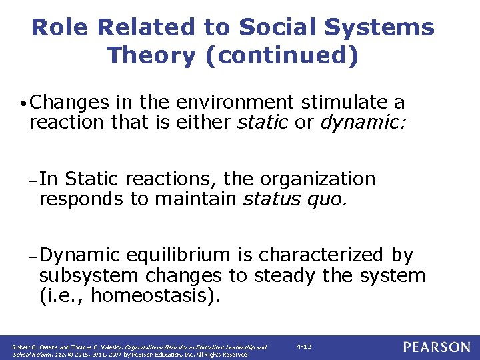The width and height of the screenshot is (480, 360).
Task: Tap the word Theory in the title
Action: click(x=147, y=56)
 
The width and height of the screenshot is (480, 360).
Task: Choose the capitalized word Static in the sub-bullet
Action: click(x=93, y=179)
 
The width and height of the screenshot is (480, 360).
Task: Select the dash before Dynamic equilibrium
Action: click(x=33, y=256)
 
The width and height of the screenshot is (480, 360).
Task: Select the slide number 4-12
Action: click(x=304, y=347)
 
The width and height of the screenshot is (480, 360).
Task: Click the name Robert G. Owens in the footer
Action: click(x=34, y=347)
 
